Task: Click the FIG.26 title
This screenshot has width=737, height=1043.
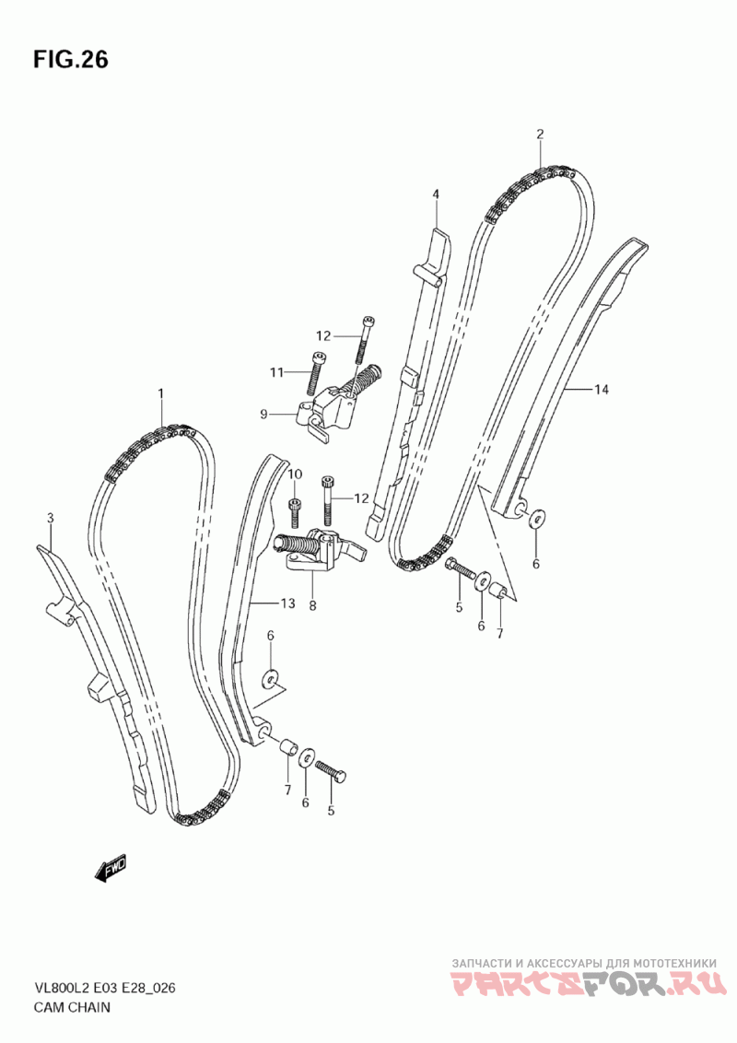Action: (71, 60)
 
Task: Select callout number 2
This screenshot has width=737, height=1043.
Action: (540, 134)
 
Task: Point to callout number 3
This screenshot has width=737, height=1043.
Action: (50, 519)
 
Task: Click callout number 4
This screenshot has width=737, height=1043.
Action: (436, 193)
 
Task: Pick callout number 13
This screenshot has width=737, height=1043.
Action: (287, 604)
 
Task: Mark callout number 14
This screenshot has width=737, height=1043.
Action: (601, 391)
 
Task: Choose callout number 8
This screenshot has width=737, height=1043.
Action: (312, 606)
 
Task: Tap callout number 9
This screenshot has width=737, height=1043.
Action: (263, 415)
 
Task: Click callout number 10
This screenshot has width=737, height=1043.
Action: (295, 474)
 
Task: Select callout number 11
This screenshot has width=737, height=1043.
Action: (277, 372)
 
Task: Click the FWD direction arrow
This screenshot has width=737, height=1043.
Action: (110, 868)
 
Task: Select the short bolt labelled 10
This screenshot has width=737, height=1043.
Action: (295, 509)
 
